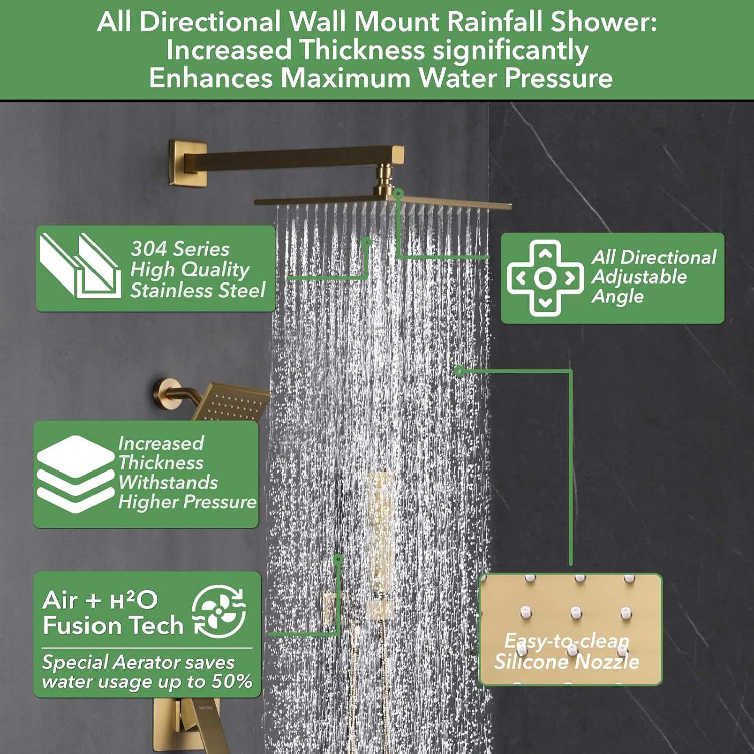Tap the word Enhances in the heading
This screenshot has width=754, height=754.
point(212,78)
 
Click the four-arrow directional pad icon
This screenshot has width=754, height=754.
point(545,278)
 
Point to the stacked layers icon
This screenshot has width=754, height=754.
point(75,474)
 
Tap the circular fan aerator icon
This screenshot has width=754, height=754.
point(219,611)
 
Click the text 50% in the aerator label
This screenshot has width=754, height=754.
point(232,682)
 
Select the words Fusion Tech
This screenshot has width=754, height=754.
point(113,625)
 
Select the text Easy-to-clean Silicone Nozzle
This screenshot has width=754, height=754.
point(567,651)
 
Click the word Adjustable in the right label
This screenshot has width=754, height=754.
point(639,277)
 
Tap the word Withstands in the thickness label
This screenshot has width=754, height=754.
point(168,483)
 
